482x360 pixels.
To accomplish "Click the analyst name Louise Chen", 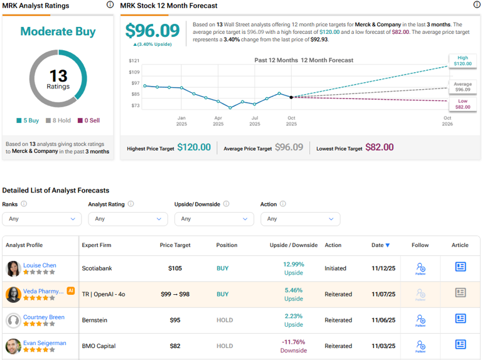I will click(40, 265).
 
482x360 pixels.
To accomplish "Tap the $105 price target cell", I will click(174, 268).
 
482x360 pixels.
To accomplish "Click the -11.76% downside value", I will click(293, 342).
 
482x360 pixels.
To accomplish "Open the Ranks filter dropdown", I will click(41, 219).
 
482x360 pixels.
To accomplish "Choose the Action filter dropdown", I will click(300, 219).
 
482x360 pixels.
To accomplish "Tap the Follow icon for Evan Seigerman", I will click(420, 346).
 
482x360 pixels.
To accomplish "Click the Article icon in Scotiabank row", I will click(460, 267).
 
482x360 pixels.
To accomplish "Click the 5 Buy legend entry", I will click(28, 120).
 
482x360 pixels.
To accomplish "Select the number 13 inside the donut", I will click(58, 76).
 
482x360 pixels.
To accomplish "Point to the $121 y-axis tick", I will click(134, 61).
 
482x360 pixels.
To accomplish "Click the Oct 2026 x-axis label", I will click(447, 121).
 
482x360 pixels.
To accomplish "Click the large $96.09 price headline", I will click(151, 31).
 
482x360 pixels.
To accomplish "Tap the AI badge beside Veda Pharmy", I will click(71, 290).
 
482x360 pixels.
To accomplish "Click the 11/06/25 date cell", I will click(383, 320).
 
